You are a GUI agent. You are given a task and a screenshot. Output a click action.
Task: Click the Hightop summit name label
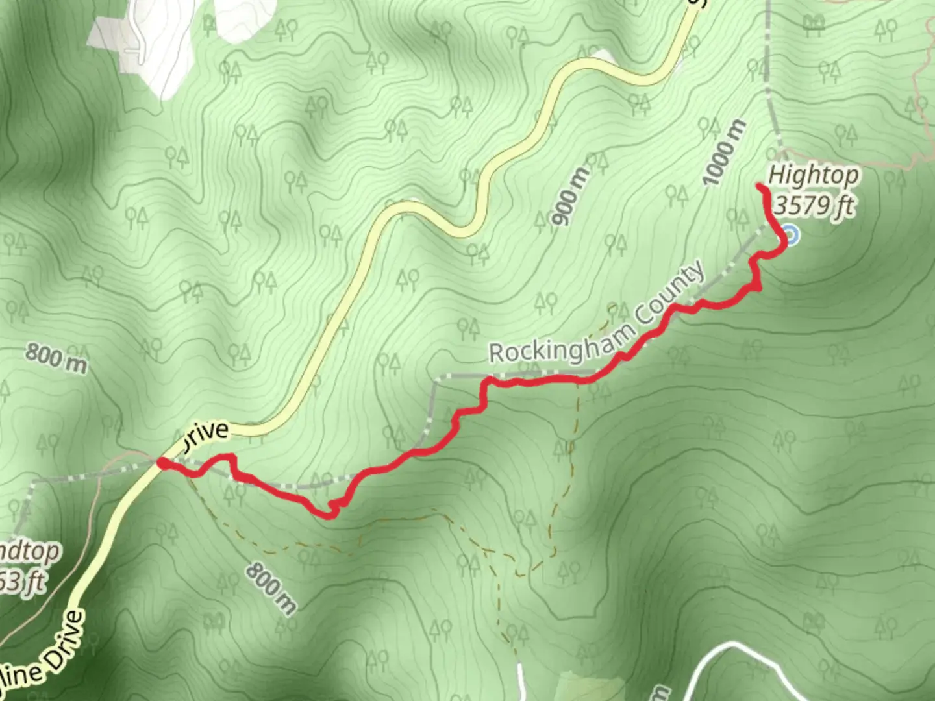click(813, 175)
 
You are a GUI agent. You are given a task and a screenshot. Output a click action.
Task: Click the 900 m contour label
click(571, 195)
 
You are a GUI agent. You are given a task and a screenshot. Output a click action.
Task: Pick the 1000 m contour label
click(725, 153)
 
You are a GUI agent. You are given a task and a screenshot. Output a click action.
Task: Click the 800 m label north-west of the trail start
click(56, 358)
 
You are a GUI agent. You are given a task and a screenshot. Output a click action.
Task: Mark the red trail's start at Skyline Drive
click(162, 463)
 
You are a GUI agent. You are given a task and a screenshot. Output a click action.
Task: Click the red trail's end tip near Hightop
click(760, 187)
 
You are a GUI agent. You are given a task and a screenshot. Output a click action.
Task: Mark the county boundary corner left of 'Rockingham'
click(436, 378)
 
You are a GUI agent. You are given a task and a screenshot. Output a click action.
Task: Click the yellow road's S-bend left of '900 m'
click(442, 217)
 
